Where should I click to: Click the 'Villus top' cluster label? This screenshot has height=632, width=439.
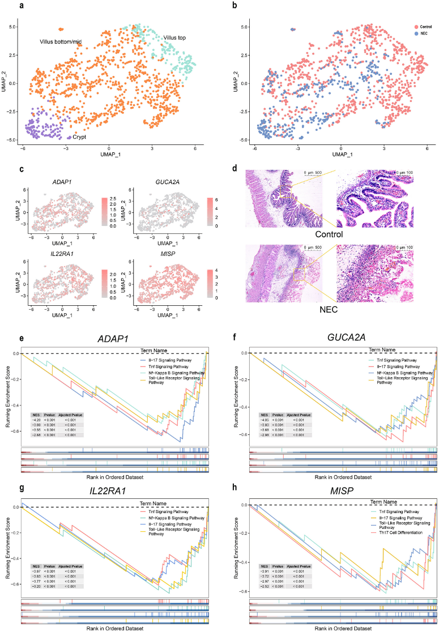coord(175,38)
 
